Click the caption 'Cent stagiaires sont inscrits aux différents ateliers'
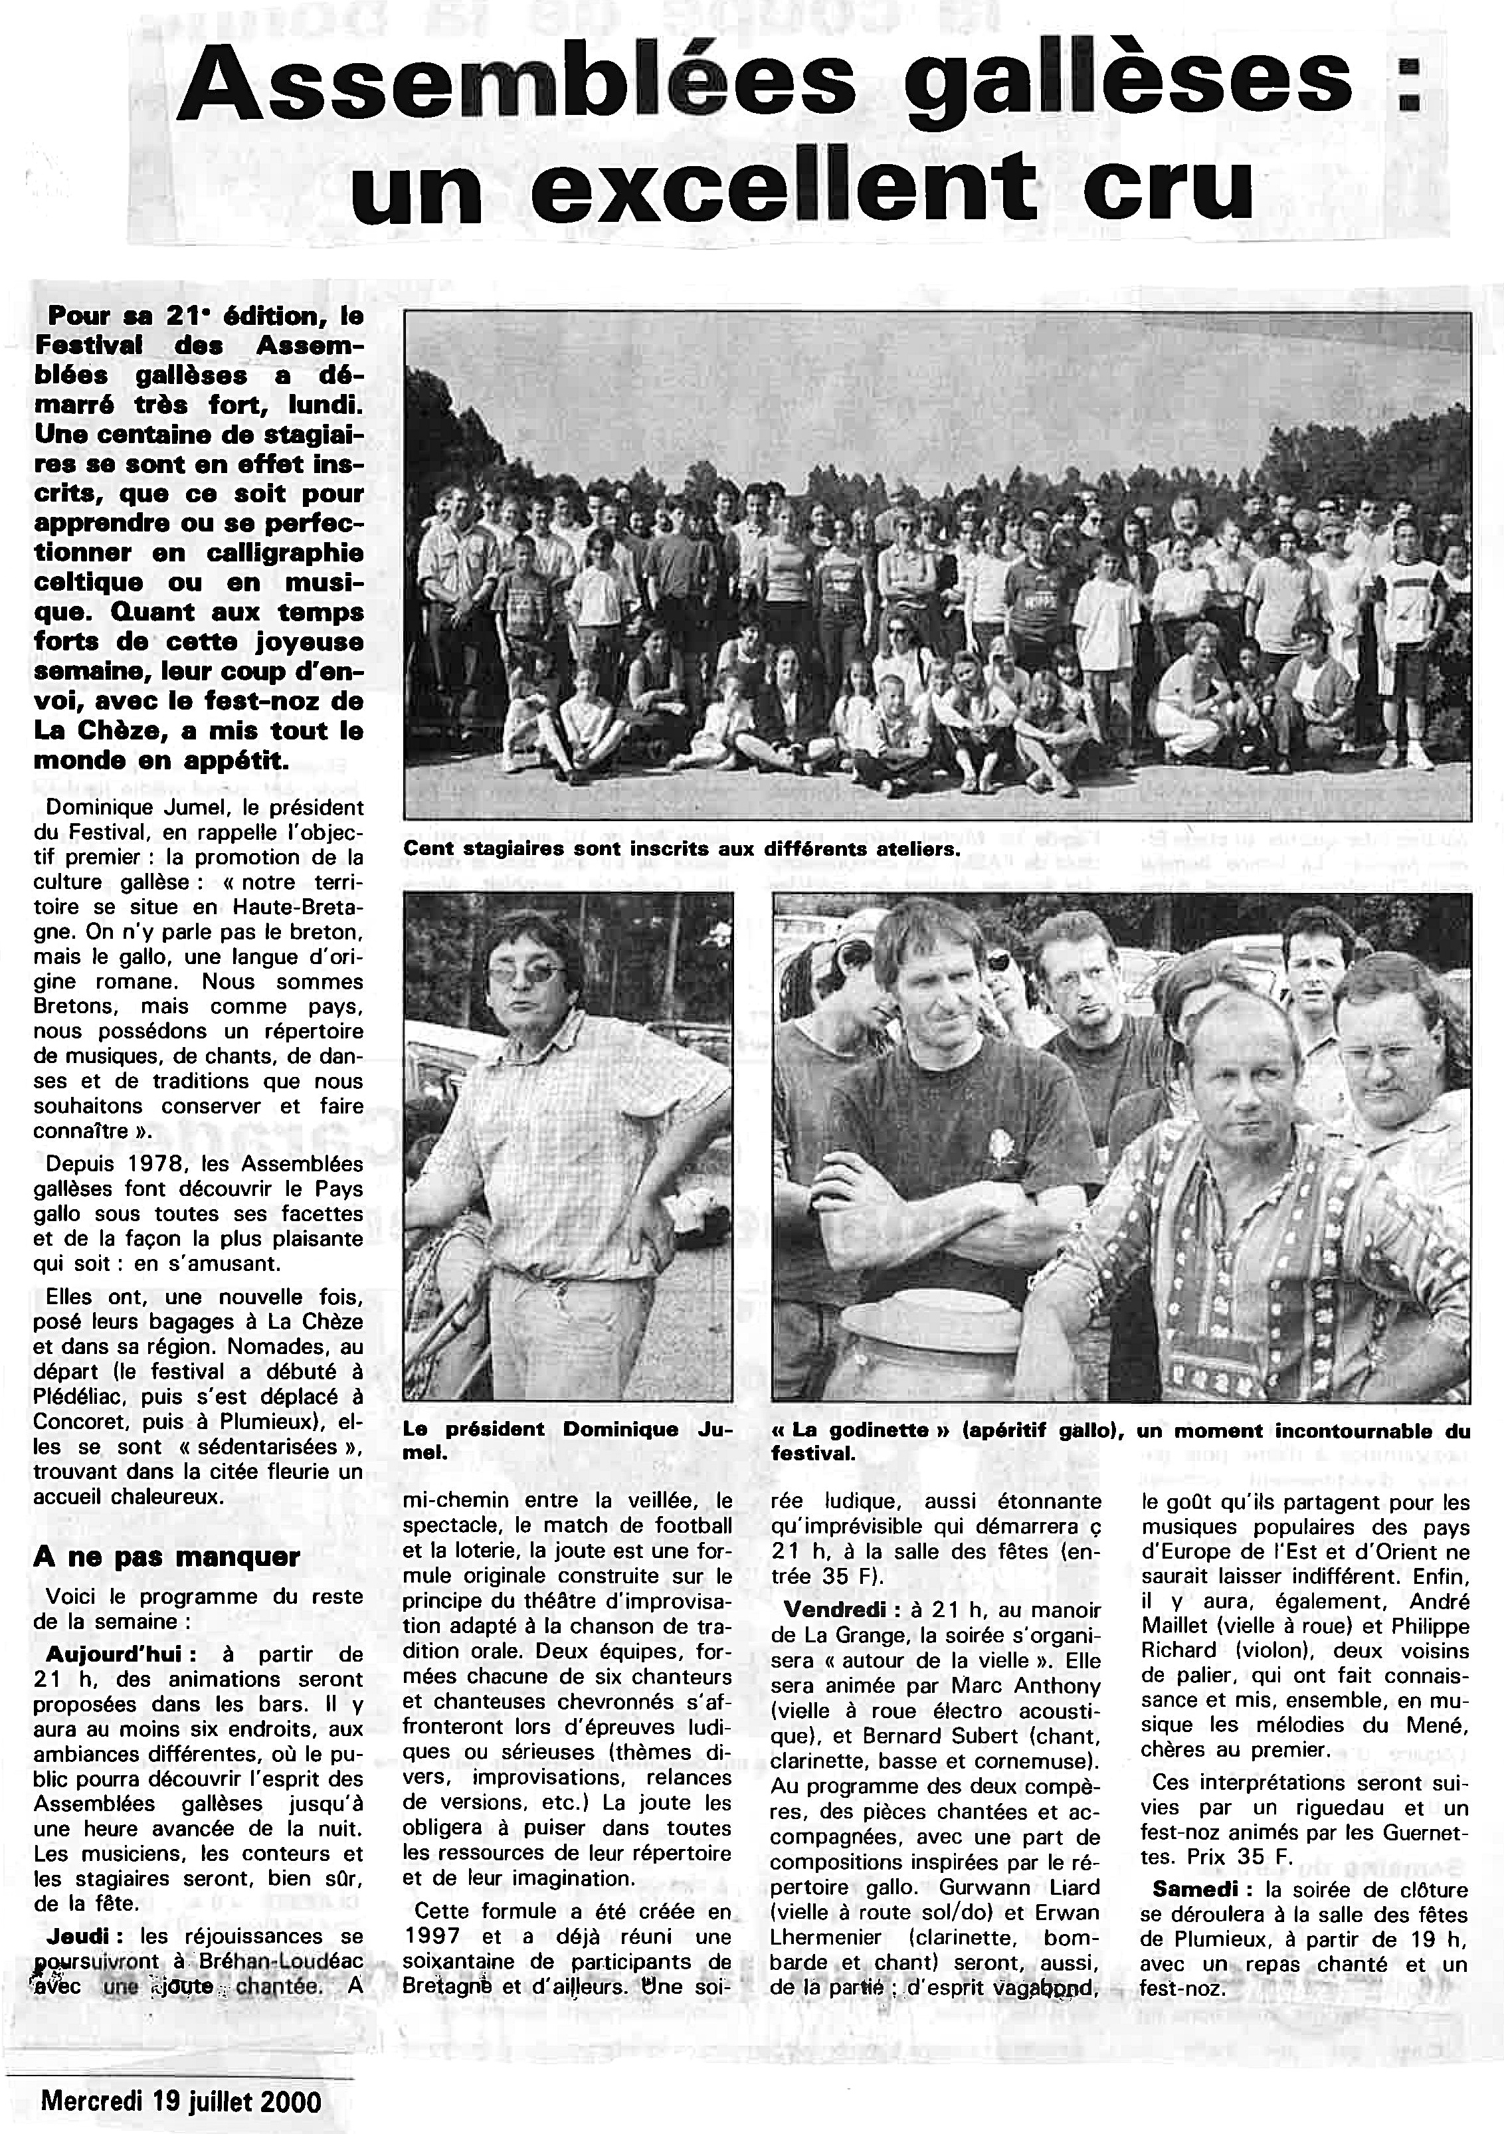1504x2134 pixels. pos(680,848)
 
